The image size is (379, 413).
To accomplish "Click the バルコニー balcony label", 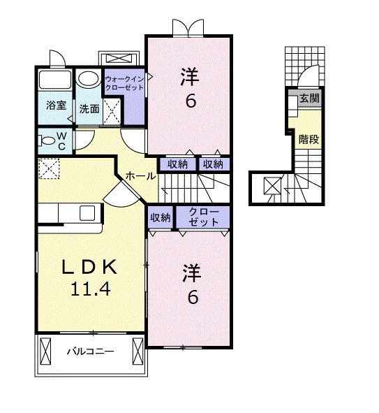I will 90,352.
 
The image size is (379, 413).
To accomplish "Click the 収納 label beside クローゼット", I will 161,217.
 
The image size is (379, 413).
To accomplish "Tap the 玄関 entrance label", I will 310,99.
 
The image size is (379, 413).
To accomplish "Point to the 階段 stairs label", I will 309,139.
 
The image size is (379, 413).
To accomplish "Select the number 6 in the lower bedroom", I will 192,297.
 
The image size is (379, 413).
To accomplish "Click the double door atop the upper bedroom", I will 189,27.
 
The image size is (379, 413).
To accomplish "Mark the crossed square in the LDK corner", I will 48,168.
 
